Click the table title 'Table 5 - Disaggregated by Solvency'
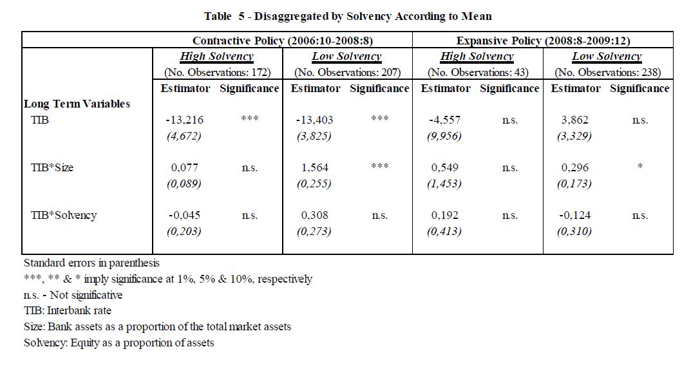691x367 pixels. click(x=348, y=15)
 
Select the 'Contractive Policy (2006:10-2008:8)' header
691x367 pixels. click(x=282, y=41)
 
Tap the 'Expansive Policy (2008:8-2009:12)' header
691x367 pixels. click(x=543, y=41)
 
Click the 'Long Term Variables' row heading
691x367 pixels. click(x=77, y=104)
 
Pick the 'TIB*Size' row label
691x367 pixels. click(x=52, y=167)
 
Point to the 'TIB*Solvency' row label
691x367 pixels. click(x=63, y=215)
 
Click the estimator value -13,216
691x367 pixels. click(x=184, y=120)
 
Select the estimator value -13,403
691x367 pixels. click(x=315, y=120)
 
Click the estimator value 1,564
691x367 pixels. click(x=315, y=167)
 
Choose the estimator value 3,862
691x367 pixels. click(x=574, y=120)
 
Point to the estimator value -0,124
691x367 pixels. click(x=574, y=215)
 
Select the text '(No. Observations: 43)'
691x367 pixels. click(x=477, y=72)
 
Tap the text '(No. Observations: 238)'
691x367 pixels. click(x=608, y=72)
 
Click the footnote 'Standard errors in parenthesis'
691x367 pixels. click(x=91, y=263)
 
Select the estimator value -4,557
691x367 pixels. click(x=444, y=120)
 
